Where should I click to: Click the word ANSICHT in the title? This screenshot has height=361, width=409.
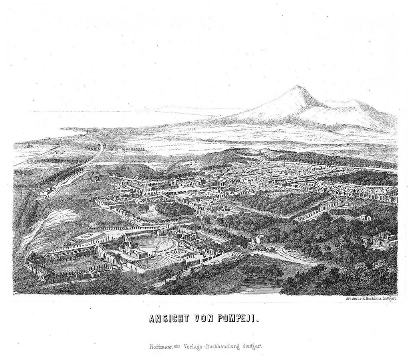click(167, 319)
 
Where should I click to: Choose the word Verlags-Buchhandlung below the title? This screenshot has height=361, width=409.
click(207, 347)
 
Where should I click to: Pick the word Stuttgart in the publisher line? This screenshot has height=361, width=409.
click(251, 347)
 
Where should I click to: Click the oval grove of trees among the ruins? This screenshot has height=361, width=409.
click(175, 209)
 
